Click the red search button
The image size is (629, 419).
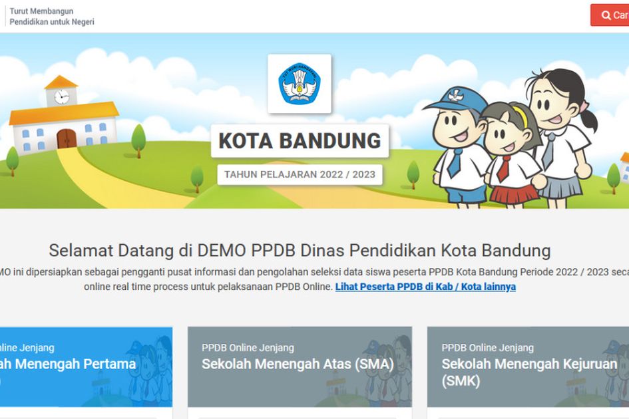(611, 15)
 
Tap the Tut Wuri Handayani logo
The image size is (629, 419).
(300, 84)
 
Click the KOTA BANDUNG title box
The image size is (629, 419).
(300, 141)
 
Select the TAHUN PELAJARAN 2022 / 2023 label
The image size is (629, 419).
(300, 175)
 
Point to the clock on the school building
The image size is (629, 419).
(62, 96)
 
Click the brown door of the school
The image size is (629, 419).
(67, 138)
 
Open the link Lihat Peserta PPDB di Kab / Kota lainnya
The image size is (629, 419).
(425, 287)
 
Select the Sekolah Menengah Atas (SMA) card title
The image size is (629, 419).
(298, 364)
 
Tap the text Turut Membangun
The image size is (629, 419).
(41, 11)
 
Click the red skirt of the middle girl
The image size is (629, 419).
(513, 194)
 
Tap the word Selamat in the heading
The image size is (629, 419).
(81, 251)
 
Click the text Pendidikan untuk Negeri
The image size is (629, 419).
(52, 22)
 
